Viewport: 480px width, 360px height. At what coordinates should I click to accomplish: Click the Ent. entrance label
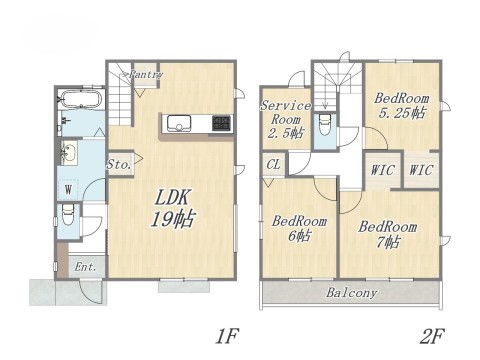pos(85,267)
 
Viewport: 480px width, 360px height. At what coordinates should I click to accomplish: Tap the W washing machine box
pos(67,188)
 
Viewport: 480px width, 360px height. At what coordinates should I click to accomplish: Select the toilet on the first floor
pos(68,215)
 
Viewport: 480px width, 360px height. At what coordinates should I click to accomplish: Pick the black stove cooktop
pos(221,124)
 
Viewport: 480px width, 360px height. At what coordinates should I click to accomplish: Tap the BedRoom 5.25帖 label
pos(402,106)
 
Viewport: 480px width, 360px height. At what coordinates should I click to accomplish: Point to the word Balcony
pos(350,293)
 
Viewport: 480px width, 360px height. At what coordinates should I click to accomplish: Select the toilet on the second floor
pos(325,126)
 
